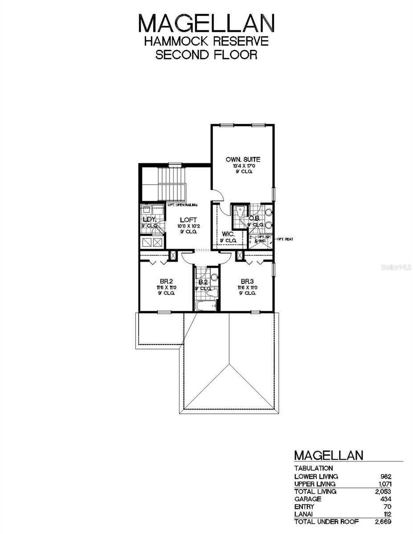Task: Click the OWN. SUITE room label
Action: point(242,159)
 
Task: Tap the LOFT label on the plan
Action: point(187,220)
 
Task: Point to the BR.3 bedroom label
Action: point(247,282)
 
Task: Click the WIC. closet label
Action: point(227,234)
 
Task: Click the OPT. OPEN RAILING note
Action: point(183,205)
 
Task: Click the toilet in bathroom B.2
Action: point(213,293)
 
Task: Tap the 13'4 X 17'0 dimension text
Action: point(242,166)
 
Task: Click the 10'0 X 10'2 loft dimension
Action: point(187,226)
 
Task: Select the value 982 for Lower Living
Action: point(386,476)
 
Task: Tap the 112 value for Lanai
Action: point(387,514)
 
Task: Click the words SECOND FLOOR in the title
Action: point(206,55)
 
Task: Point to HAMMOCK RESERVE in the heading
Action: point(206,41)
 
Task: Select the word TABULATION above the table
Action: point(314,468)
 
